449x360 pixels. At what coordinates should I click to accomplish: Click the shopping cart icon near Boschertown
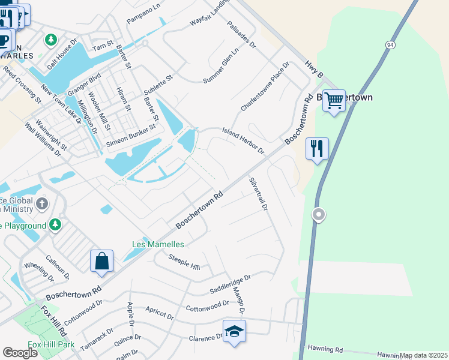pyautogui.click(x=334, y=100)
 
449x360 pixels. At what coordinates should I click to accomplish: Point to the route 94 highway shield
pyautogui.click(x=391, y=45)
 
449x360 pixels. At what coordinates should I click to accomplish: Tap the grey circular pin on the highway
pyautogui.click(x=319, y=214)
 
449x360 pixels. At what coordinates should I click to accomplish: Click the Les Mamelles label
pyautogui.click(x=158, y=244)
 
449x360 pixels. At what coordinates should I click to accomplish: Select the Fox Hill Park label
pyautogui.click(x=51, y=345)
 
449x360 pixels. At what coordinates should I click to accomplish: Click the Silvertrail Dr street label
pyautogui.click(x=258, y=194)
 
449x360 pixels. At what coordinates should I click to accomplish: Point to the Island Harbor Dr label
pyautogui.click(x=243, y=140)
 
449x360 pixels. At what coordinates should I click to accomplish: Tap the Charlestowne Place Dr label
pyautogui.click(x=265, y=86)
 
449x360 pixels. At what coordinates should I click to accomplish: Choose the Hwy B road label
pyautogui.click(x=314, y=70)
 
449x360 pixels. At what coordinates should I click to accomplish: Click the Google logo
pyautogui.click(x=20, y=353)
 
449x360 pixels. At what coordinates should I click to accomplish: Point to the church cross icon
pyautogui.click(x=42, y=204)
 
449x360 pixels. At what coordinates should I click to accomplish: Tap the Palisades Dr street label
pyautogui.click(x=242, y=35)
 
